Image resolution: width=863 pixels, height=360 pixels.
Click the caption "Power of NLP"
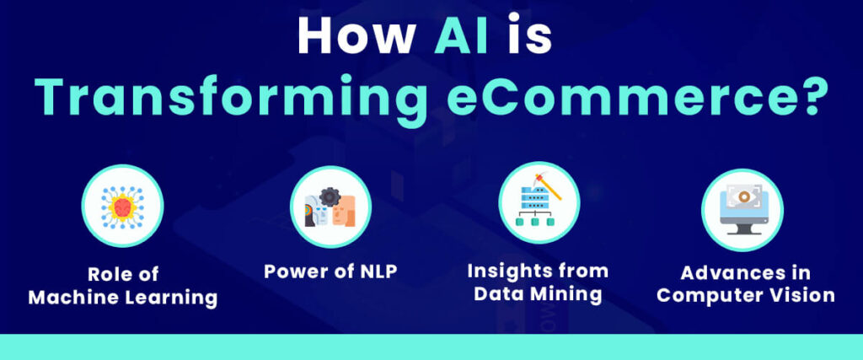pyautogui.click(x=330, y=272)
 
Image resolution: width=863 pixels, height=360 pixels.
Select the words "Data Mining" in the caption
pyautogui.click(x=538, y=294)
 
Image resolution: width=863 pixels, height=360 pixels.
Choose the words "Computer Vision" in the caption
pyautogui.click(x=746, y=295)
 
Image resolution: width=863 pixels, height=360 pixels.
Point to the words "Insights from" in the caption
pyautogui.click(x=537, y=272)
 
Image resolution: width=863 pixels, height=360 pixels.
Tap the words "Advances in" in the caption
pyautogui.click(x=746, y=274)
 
